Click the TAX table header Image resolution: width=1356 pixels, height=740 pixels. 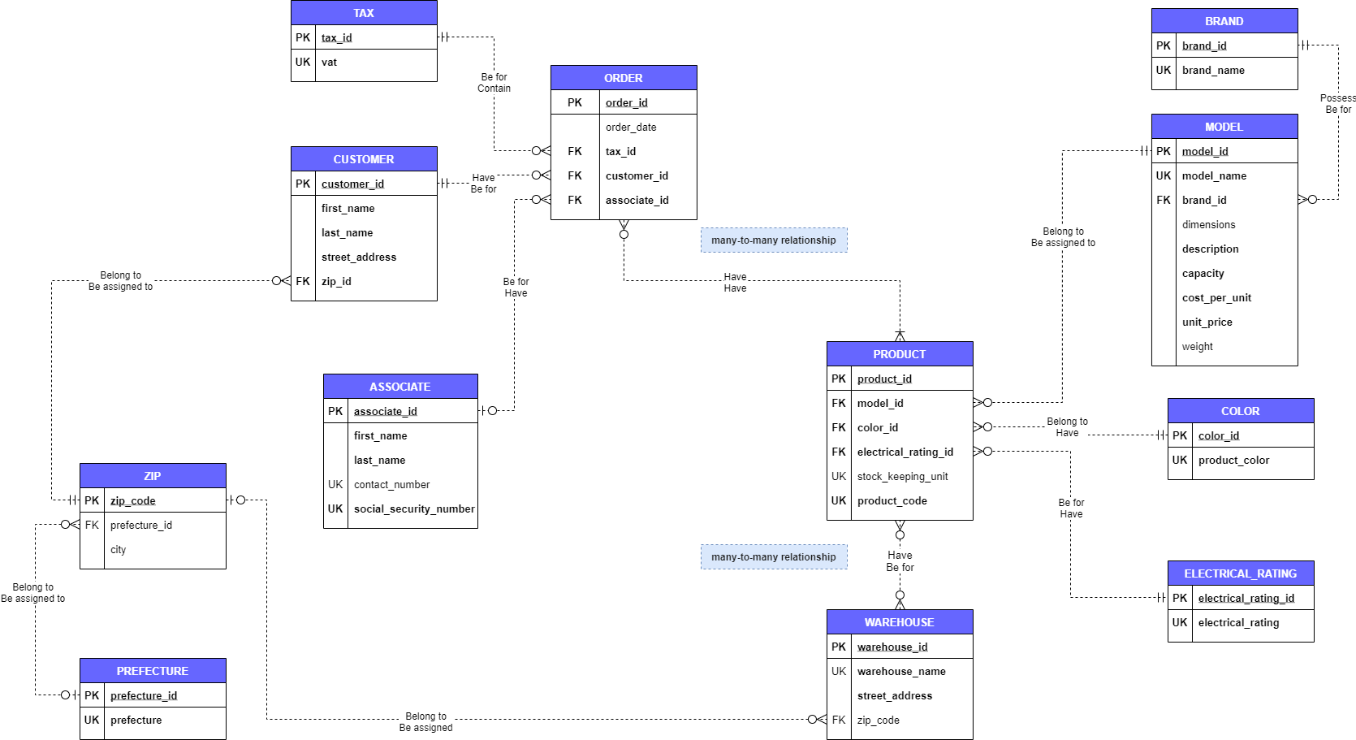(364, 13)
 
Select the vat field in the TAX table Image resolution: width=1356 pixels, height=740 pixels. (329, 63)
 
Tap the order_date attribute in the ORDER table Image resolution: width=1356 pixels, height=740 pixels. (631, 128)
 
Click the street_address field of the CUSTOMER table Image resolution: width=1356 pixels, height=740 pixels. (359, 257)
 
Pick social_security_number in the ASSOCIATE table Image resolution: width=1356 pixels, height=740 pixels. (414, 509)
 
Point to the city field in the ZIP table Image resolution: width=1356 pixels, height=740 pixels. (119, 550)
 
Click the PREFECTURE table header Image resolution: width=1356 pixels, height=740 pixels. (153, 671)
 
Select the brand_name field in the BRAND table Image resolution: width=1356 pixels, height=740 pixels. (1213, 71)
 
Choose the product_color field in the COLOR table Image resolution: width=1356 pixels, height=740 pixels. (1233, 461)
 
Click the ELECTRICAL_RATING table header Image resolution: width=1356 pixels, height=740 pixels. (1240, 573)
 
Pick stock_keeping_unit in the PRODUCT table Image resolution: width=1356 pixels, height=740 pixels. (902, 477)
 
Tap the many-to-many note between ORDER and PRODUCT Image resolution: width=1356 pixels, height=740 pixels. (773, 240)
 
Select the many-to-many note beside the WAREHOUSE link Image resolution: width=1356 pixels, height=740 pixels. (773, 557)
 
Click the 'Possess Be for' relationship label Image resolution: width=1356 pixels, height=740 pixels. (1337, 104)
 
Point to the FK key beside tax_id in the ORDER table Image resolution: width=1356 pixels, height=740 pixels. (575, 152)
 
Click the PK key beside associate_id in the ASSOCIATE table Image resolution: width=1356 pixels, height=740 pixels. (335, 412)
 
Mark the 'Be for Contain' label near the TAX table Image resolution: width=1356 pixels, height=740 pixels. (494, 83)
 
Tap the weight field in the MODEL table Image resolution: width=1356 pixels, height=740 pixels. (1197, 347)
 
